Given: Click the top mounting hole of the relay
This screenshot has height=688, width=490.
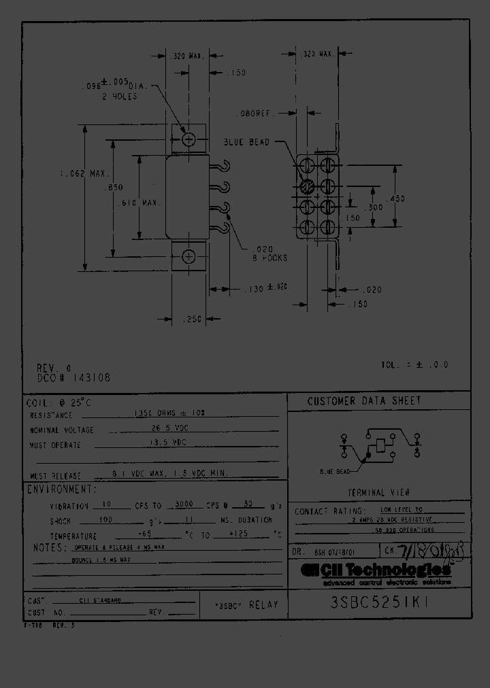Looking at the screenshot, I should (189, 139).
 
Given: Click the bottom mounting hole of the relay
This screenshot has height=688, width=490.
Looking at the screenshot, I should (189, 256).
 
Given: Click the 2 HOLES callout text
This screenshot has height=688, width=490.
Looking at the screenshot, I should (120, 97).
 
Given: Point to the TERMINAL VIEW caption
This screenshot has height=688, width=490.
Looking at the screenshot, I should (379, 492).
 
